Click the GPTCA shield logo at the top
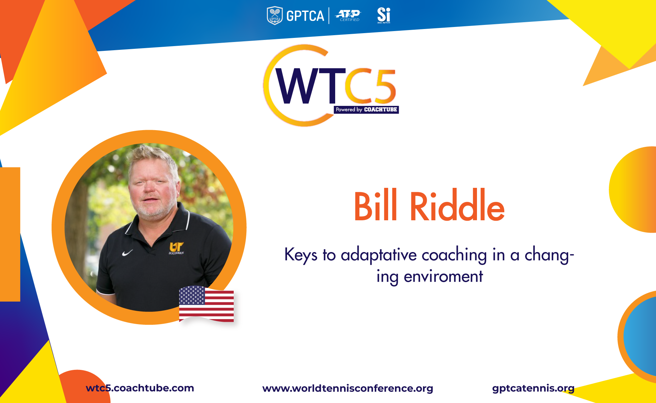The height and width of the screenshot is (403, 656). tap(275, 16)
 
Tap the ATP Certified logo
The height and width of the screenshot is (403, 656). tap(348, 16)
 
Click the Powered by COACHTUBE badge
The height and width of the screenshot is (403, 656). tap(366, 110)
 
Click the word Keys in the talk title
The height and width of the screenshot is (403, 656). tap(301, 255)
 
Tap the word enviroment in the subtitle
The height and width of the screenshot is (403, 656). tap(443, 276)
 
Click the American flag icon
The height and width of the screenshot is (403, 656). tap(206, 304)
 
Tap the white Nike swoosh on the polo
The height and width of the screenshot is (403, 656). tap(127, 253)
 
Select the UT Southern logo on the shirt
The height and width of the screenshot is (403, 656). tap(176, 248)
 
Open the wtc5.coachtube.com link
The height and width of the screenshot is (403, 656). tap(140, 388)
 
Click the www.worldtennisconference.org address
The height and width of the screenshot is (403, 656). tap(347, 388)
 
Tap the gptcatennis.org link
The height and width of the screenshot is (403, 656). tap(533, 388)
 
